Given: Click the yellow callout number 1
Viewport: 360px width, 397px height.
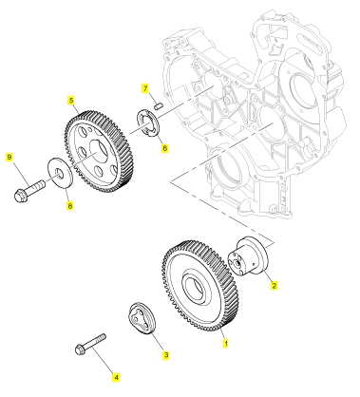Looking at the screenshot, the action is (x=226, y=343).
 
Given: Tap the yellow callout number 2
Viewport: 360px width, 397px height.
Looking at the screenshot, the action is (x=274, y=285).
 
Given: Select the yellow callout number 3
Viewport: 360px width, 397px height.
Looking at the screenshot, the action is (x=166, y=355).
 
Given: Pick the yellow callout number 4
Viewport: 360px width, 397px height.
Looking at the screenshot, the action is (x=116, y=377).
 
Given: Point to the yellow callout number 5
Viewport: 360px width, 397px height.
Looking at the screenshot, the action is (x=71, y=101).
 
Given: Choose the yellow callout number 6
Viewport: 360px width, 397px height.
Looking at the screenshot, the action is (x=164, y=148).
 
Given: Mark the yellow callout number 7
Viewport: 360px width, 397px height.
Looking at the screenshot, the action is (x=145, y=88).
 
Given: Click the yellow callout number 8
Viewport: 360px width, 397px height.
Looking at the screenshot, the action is (x=69, y=206).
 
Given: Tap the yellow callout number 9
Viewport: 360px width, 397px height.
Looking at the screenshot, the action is (x=9, y=157).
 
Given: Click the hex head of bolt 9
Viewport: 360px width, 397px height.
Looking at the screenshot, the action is (x=20, y=196).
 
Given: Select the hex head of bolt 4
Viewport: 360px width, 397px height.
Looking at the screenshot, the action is (x=79, y=350).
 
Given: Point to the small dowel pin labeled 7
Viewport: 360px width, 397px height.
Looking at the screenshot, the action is (x=158, y=105).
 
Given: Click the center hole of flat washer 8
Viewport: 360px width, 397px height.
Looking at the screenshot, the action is (x=60, y=172).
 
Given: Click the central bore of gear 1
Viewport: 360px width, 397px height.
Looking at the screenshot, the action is (x=195, y=288).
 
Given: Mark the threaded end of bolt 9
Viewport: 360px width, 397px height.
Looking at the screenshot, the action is (x=39, y=183).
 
